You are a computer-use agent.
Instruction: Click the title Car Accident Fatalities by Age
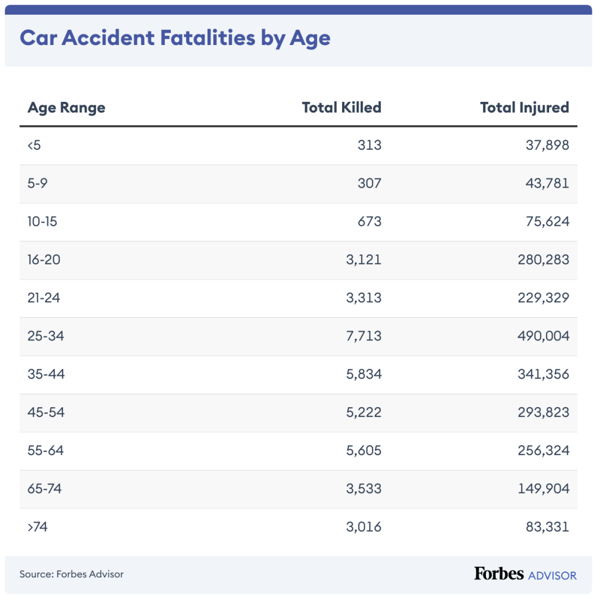tap(175, 39)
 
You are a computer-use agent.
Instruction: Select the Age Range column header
tap(66, 108)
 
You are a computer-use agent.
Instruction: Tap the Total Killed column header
tap(341, 108)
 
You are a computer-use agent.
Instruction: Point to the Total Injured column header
tap(524, 108)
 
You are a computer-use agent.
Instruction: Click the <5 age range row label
tap(34, 145)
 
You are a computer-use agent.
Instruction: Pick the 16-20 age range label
tap(44, 259)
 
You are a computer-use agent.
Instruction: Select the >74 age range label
tap(37, 526)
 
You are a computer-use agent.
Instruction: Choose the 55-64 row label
tap(46, 450)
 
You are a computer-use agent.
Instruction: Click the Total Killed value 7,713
tap(363, 336)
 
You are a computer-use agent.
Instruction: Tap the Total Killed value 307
tap(369, 183)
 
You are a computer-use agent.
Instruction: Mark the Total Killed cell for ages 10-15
tap(369, 221)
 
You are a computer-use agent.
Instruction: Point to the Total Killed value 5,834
tap(363, 374)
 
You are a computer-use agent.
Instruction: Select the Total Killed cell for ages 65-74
tap(363, 488)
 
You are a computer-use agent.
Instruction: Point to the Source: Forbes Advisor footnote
tap(71, 574)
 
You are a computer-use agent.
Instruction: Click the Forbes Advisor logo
tap(524, 574)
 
